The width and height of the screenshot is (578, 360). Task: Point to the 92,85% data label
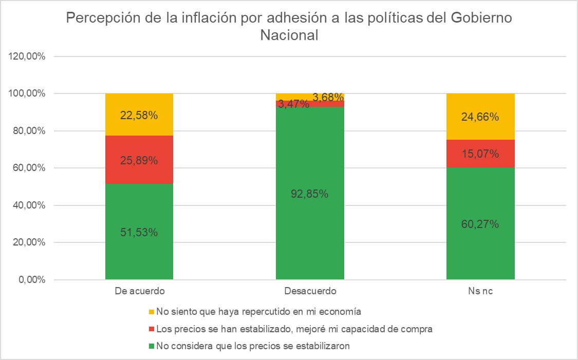[x=310, y=194]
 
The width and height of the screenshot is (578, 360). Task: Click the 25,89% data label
[x=139, y=160]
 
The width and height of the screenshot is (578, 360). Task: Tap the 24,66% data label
[x=480, y=117]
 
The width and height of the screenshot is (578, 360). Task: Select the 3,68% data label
[x=328, y=97]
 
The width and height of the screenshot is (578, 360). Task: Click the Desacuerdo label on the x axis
[x=310, y=292]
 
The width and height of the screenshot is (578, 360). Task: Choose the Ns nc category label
[x=480, y=292]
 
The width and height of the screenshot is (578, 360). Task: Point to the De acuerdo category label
[x=139, y=292]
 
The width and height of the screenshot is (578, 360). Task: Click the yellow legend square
[x=151, y=312]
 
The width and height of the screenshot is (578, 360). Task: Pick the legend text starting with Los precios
[x=294, y=329]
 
